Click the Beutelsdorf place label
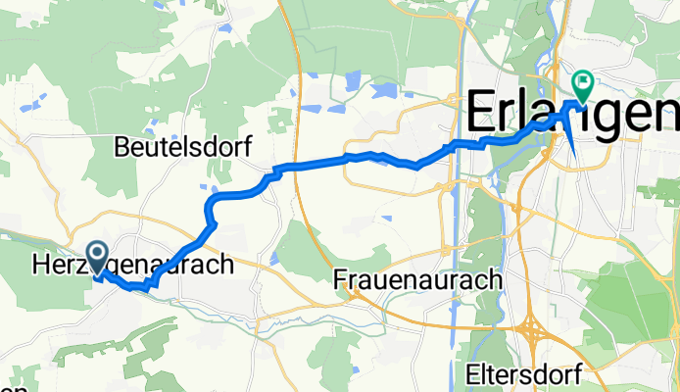coord(182,147)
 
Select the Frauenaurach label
coord(418,279)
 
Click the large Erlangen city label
coord(572,110)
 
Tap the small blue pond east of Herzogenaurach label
coord(273,259)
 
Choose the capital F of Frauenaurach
coord(340,279)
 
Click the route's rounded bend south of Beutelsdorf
coord(209,205)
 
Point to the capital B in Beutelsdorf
coord(121,147)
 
